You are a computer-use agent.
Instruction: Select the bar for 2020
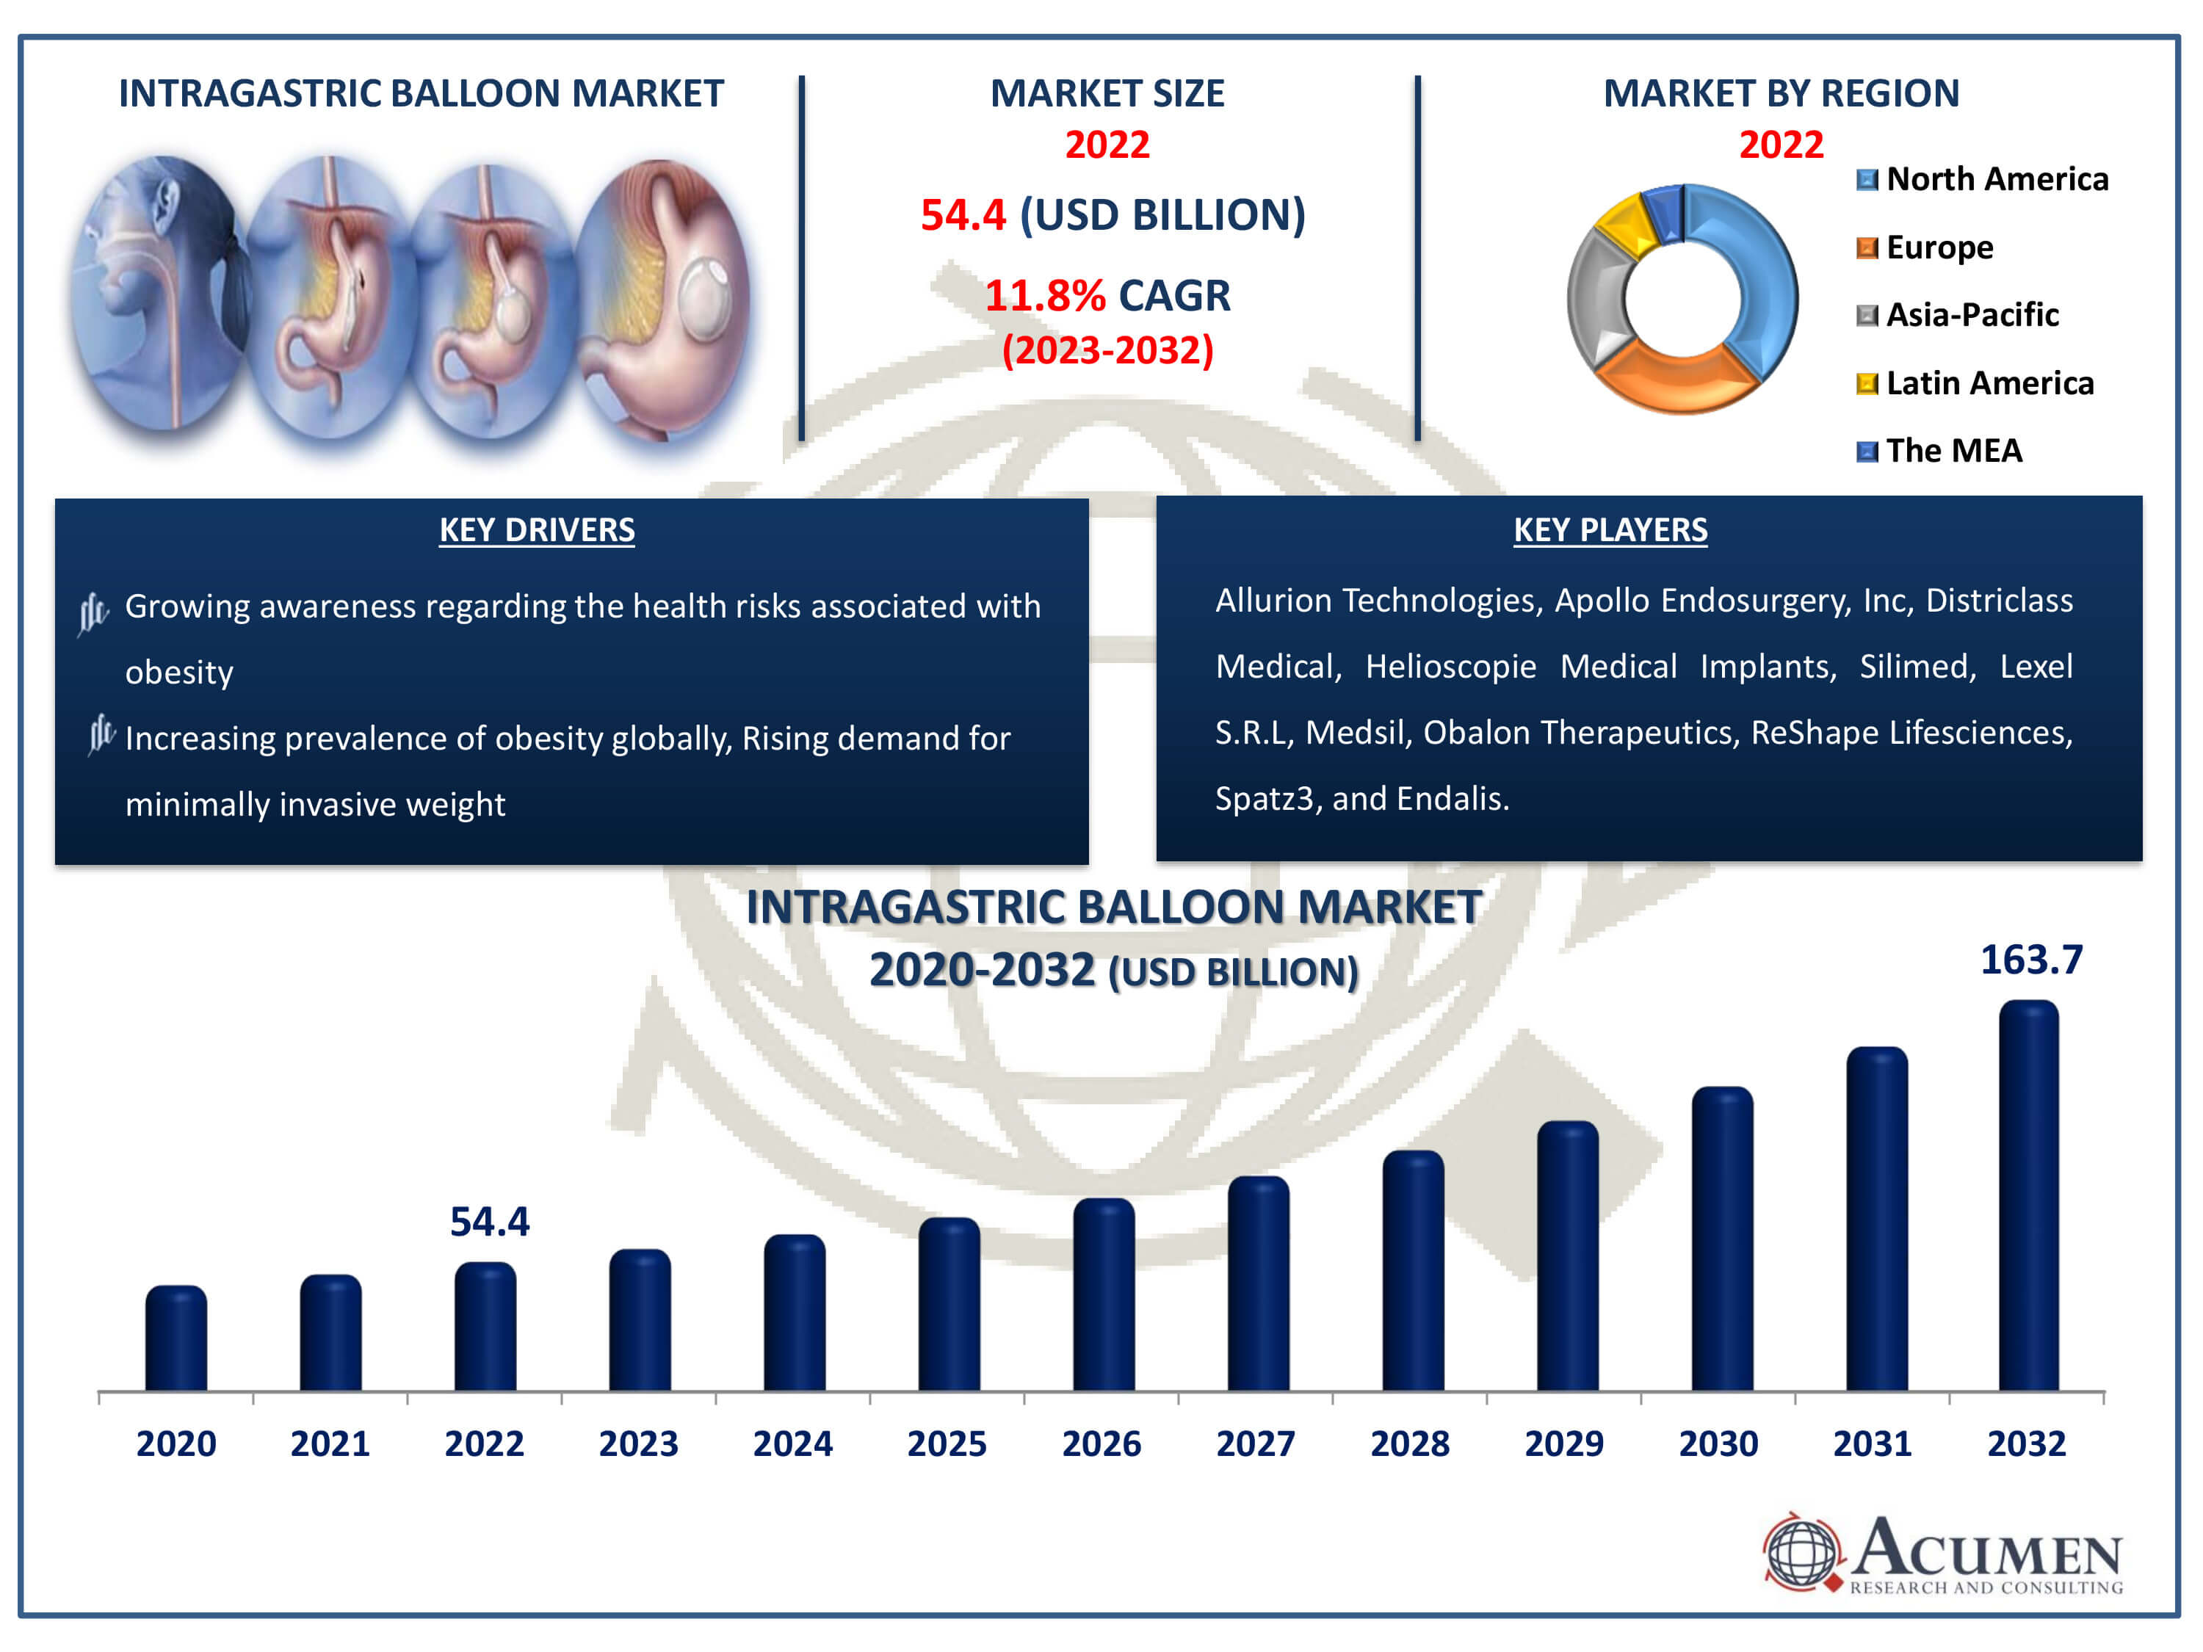(176, 1338)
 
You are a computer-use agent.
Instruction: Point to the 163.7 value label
(2030, 960)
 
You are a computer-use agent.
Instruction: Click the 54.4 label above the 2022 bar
(489, 1222)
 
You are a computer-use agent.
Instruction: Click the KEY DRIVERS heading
(537, 530)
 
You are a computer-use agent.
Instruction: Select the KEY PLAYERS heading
(1610, 530)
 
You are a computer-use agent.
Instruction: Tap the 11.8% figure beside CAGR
(1043, 296)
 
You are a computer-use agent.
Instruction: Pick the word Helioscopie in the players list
(1450, 666)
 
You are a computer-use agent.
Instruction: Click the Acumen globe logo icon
(1801, 1551)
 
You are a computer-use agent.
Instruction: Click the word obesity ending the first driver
(179, 672)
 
